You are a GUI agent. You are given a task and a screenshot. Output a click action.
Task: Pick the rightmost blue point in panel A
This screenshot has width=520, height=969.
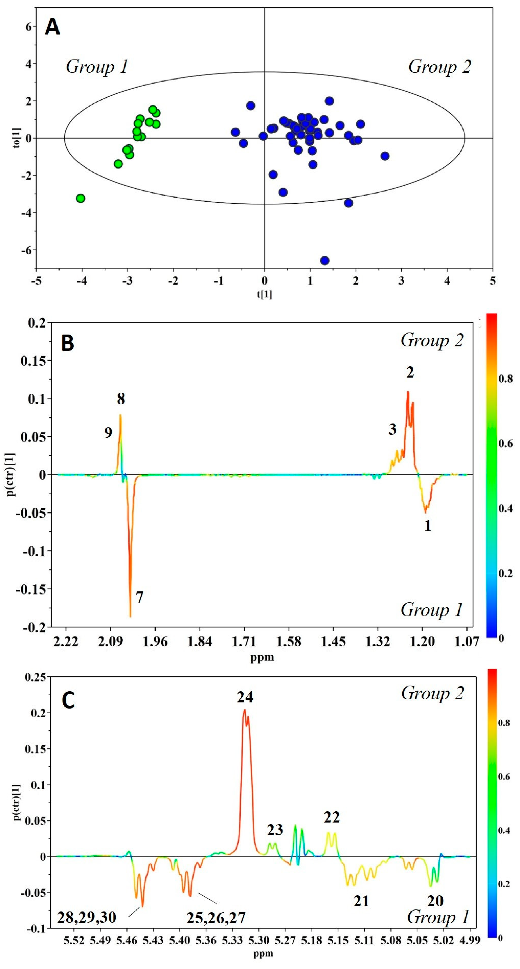(x=385, y=156)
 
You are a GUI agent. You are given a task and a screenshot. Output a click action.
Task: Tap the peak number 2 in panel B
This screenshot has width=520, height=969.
(x=410, y=372)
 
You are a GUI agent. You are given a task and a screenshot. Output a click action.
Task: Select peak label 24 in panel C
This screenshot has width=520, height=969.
(x=245, y=697)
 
